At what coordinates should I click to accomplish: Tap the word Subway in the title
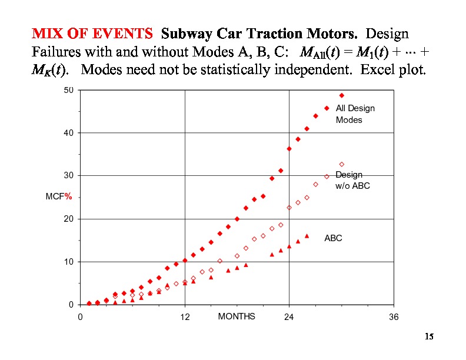tap(186, 33)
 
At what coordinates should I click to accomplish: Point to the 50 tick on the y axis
tap(69, 90)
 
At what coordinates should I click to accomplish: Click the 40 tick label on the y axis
tap(69, 133)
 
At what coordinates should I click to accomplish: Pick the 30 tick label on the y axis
tap(69, 176)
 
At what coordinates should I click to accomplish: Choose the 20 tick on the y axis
tap(69, 219)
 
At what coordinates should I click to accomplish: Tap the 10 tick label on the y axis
tap(69, 262)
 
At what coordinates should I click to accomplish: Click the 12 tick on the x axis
tap(185, 317)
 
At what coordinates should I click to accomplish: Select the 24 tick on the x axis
tap(289, 317)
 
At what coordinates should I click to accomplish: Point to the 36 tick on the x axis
tap(394, 317)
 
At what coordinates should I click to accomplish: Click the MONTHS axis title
tap(237, 316)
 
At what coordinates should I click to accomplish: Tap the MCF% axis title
tap(59, 197)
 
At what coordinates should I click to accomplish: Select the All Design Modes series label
tap(355, 114)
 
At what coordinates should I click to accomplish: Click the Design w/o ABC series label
tap(352, 180)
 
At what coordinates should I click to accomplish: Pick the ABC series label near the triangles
tap(333, 238)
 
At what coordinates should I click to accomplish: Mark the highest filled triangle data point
tap(307, 236)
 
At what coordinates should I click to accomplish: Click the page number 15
tap(429, 337)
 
